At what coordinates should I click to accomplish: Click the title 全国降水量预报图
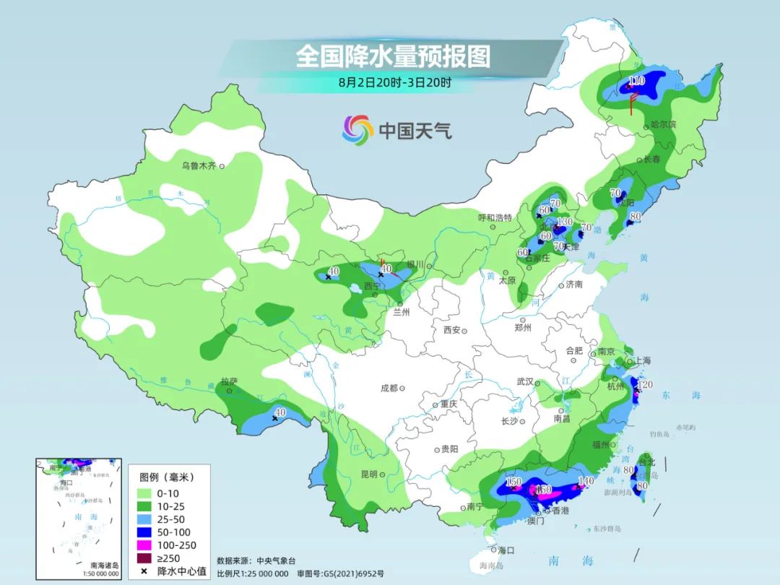[x=393, y=56]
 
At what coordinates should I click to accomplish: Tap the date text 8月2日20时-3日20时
[x=394, y=82]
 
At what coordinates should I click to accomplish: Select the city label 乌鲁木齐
[x=199, y=166]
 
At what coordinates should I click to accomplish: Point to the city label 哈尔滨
[x=663, y=125]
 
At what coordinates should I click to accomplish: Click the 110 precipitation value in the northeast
[x=637, y=80]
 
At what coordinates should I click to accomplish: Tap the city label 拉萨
[x=230, y=381]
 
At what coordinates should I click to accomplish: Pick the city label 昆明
[x=368, y=474]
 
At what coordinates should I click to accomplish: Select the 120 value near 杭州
[x=645, y=385]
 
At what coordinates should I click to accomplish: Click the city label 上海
[x=641, y=360]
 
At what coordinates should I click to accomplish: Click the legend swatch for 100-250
[x=148, y=545]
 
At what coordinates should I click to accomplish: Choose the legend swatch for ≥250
[x=148, y=558]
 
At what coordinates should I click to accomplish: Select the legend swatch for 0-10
[x=148, y=493]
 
